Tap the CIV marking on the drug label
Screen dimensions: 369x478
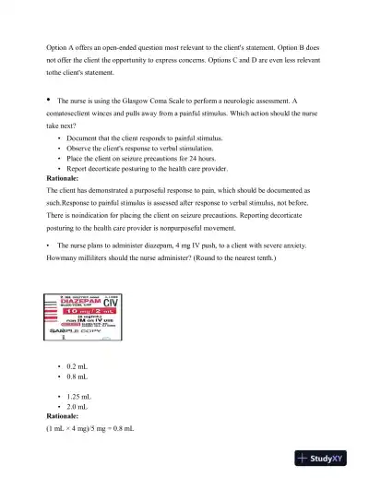click(x=111, y=303)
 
